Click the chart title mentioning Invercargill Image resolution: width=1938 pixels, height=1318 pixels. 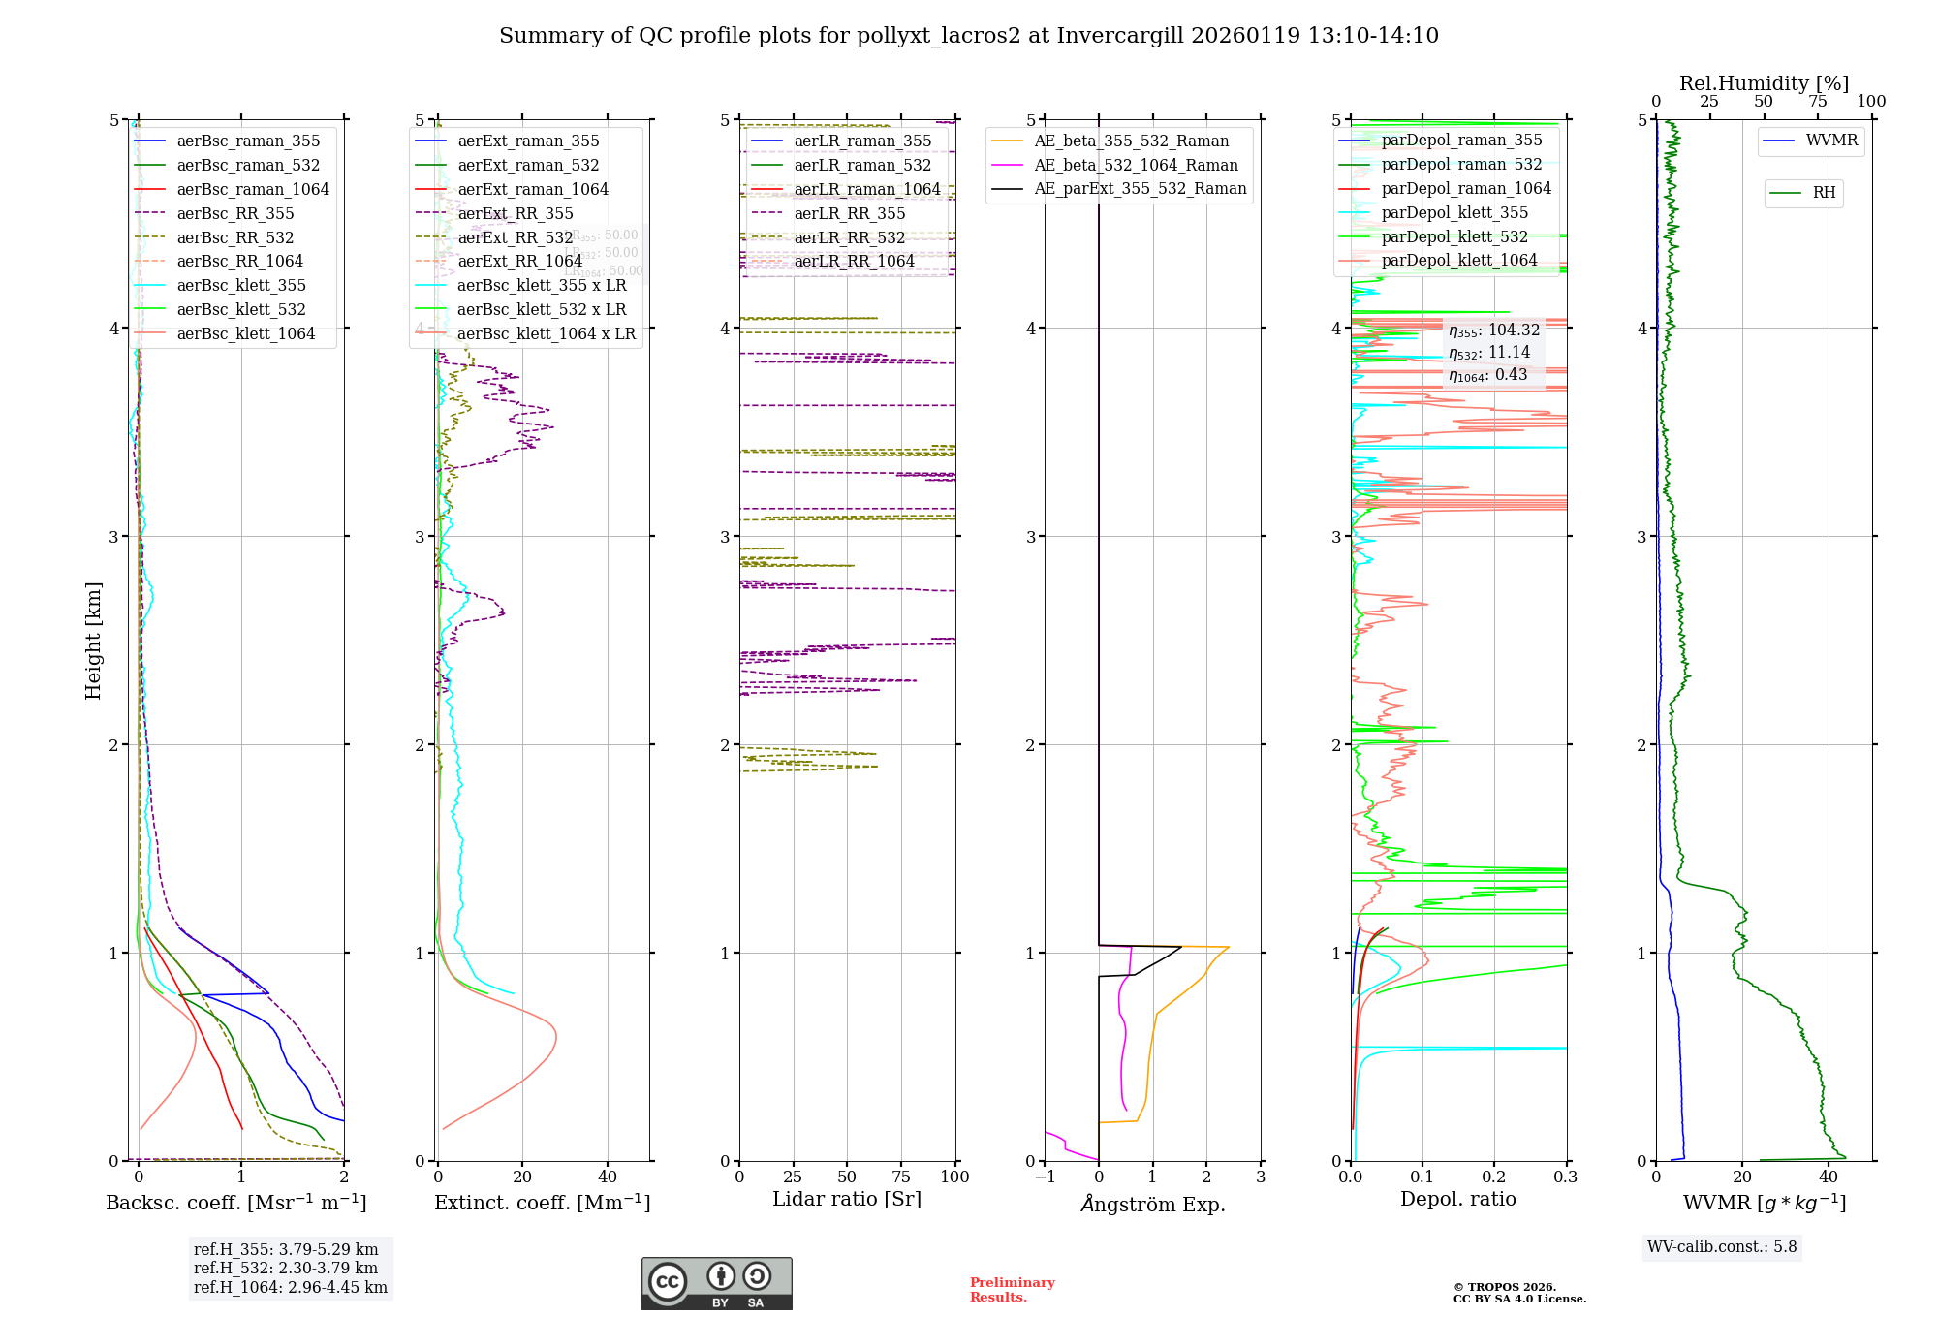click(968, 36)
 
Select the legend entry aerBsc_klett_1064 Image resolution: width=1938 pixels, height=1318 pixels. click(245, 333)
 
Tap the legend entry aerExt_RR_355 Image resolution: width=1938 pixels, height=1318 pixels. click(515, 213)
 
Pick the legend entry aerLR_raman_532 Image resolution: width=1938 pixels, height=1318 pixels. click(861, 165)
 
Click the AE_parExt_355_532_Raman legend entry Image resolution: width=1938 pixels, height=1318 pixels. click(1140, 188)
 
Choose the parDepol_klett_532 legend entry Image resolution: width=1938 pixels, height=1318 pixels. click(1453, 236)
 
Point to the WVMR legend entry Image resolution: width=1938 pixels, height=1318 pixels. click(1831, 141)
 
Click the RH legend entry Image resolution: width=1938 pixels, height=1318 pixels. click(1824, 193)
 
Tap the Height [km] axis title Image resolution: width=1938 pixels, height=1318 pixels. click(93, 640)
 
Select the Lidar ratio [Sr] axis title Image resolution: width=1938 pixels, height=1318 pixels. click(846, 1199)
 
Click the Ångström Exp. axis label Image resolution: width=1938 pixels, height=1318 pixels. click(1152, 1204)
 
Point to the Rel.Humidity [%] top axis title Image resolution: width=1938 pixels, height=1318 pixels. click(1764, 83)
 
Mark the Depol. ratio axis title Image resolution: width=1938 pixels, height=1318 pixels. click(1457, 1199)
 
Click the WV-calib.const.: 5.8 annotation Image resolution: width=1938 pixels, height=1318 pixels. click(1722, 1246)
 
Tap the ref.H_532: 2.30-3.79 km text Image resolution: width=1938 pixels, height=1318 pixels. click(286, 1268)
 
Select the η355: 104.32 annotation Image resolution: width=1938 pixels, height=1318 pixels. click(1493, 330)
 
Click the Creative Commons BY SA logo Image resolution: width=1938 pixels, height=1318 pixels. click(716, 1283)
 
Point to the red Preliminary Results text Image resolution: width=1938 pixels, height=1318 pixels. click(1012, 1289)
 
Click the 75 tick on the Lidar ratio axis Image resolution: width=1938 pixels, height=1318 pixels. click(901, 1177)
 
